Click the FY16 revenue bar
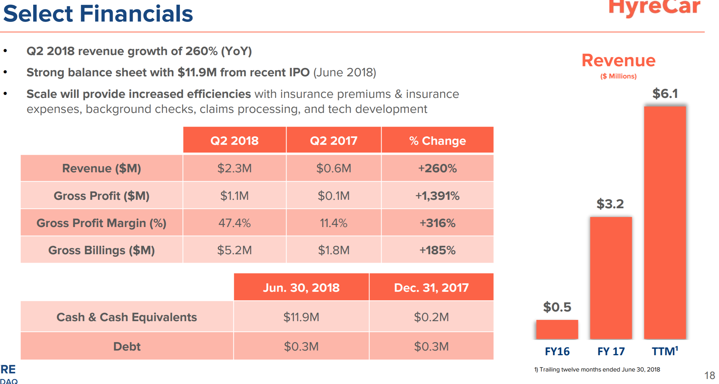[557, 329]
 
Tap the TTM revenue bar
[665, 222]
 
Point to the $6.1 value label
[665, 93]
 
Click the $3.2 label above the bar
[610, 204]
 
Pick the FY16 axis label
[557, 351]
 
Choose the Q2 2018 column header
[235, 140]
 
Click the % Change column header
[437, 140]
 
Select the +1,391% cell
[437, 196]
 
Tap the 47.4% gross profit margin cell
[235, 223]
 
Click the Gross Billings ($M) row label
[101, 250]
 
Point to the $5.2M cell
[235, 250]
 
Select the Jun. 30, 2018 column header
[301, 287]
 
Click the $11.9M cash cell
[301, 317]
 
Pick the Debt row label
[127, 346]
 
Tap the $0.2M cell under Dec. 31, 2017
[431, 317]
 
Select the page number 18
[709, 375]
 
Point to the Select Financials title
[98, 14]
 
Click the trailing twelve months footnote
[597, 370]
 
